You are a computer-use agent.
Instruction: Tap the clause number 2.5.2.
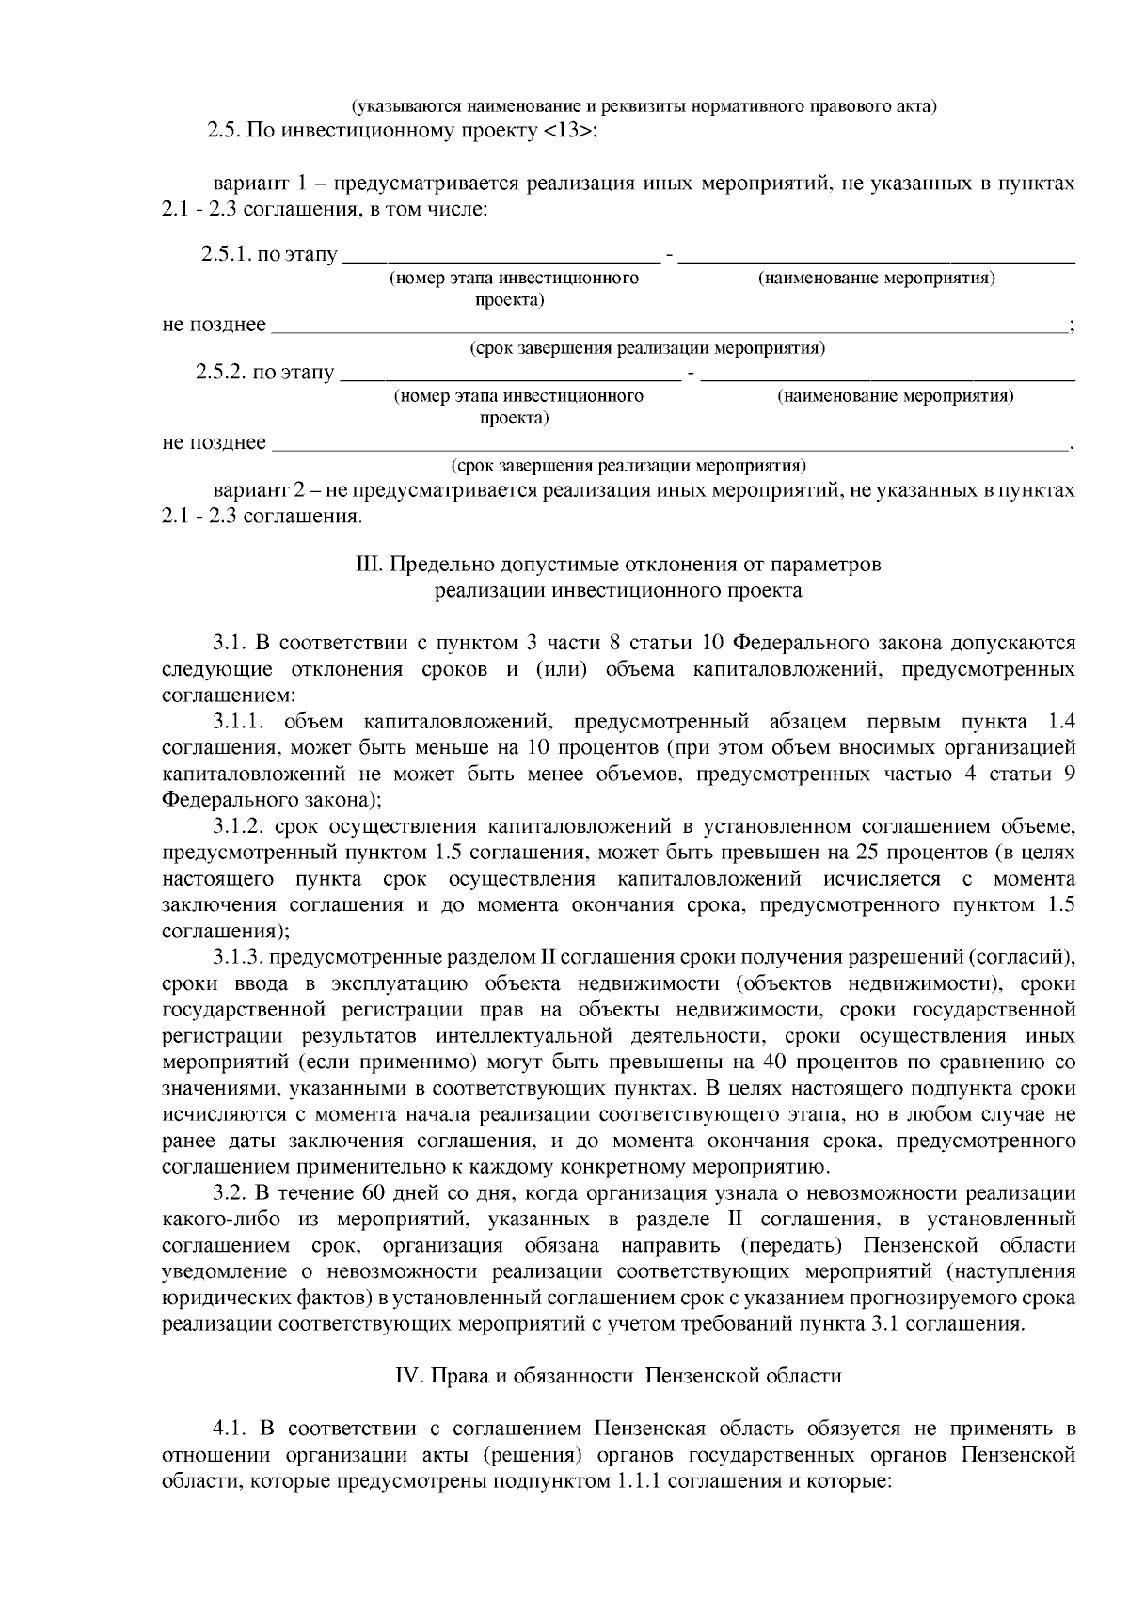[x=221, y=373]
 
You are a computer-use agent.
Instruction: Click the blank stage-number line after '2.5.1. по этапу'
[x=499, y=257]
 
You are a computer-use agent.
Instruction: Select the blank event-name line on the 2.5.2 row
[x=888, y=375]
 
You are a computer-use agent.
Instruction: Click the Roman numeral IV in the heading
[x=406, y=1376]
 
